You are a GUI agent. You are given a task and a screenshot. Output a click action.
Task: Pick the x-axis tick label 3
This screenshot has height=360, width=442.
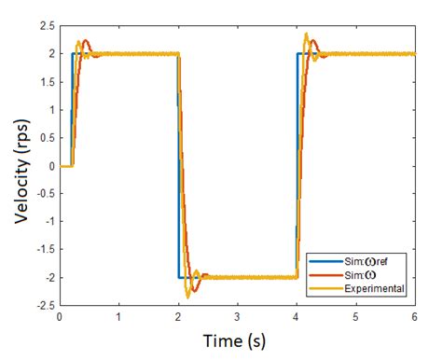click(238, 317)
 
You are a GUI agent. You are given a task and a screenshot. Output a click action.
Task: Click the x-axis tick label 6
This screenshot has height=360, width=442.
click(415, 317)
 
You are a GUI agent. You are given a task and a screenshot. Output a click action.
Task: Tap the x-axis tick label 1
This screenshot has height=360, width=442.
click(118, 317)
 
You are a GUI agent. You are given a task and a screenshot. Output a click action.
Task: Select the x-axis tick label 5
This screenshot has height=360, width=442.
click(356, 317)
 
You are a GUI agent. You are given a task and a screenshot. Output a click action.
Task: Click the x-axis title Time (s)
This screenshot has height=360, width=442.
click(237, 341)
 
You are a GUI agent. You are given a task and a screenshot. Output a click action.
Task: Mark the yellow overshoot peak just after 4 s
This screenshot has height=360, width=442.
click(306, 35)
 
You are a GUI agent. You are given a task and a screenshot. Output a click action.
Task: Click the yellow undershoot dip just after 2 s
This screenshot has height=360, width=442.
click(187, 296)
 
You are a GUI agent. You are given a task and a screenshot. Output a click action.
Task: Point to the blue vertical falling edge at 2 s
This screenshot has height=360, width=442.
click(178, 168)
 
